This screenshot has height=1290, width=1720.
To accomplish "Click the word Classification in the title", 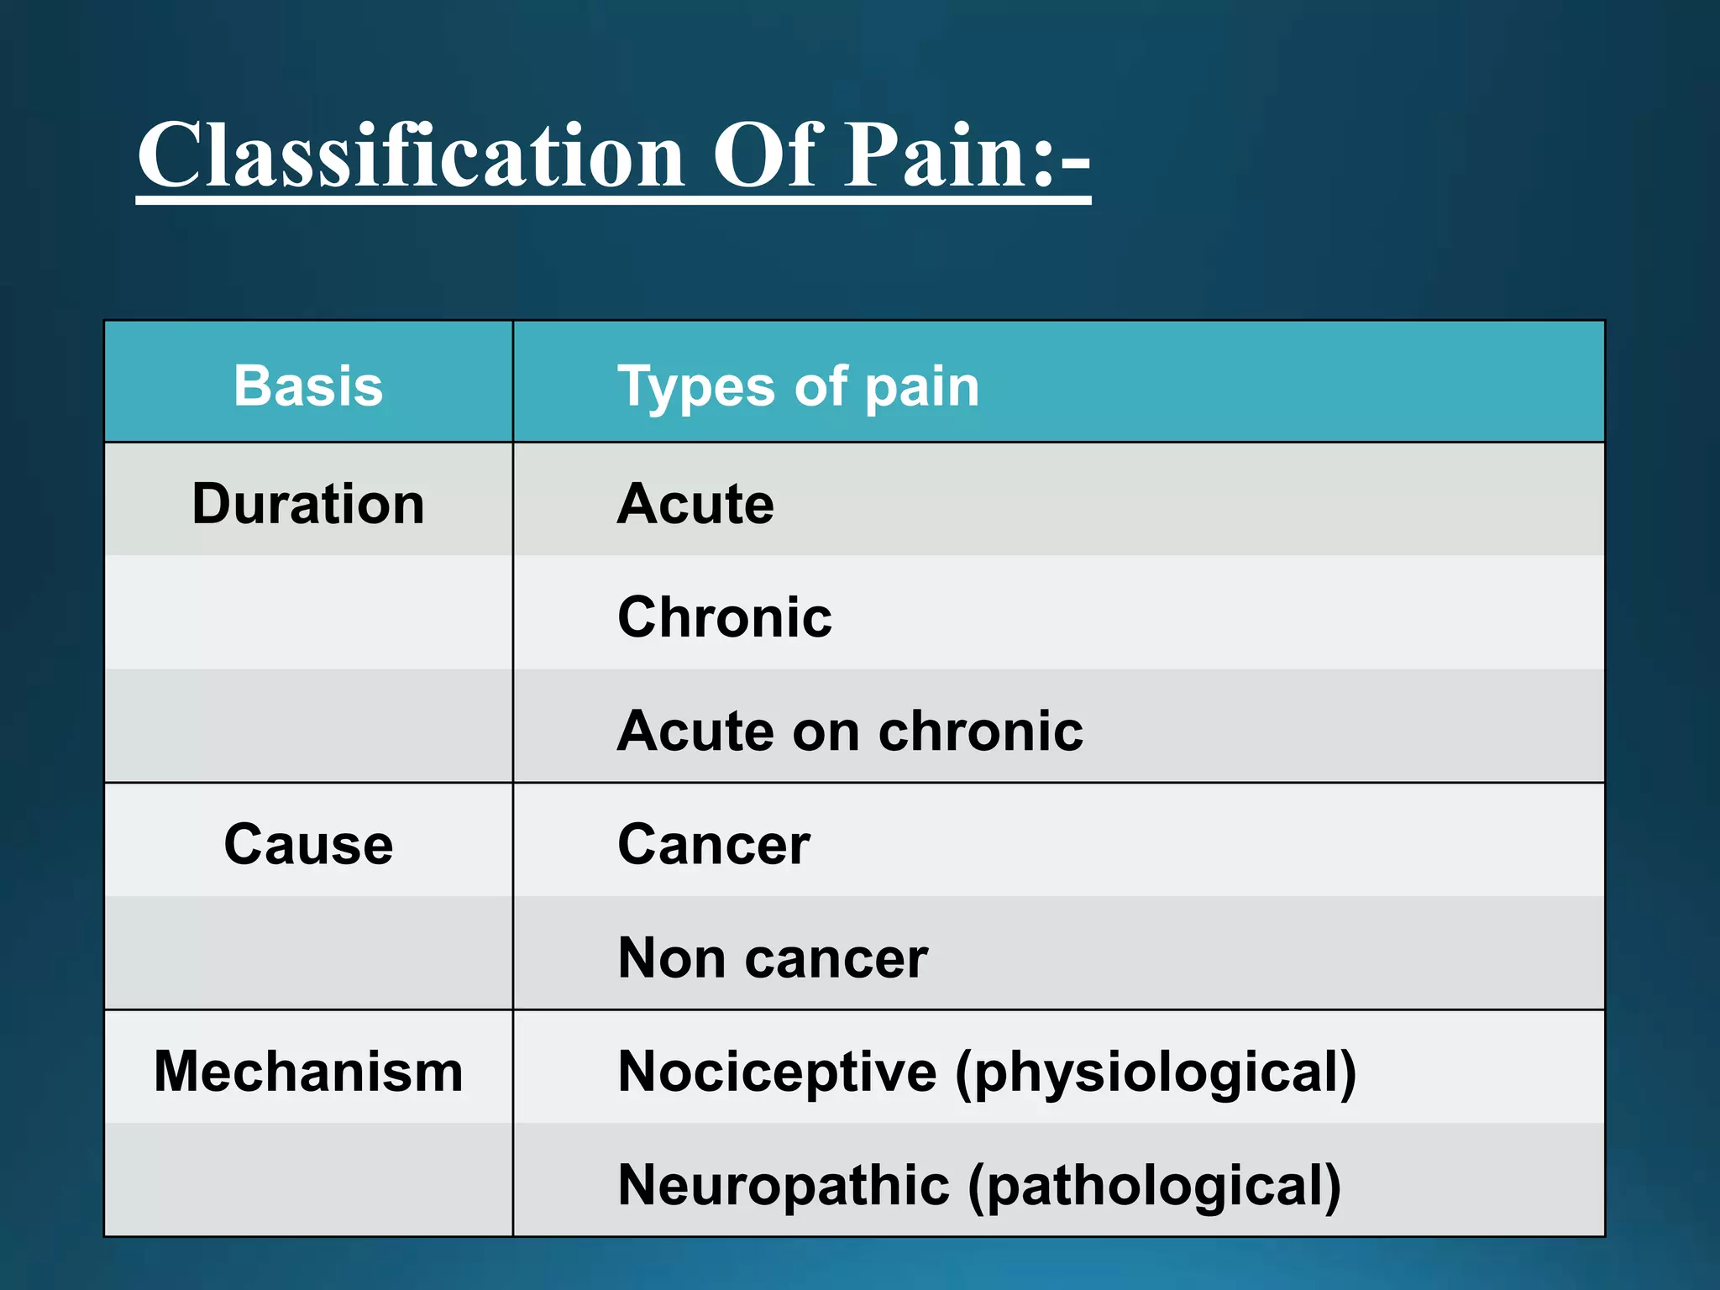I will tap(412, 155).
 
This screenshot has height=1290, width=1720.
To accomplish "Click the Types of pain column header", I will tap(798, 386).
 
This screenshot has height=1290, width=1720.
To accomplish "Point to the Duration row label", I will tap(308, 504).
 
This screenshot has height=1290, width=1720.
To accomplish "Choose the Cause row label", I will tap(308, 844).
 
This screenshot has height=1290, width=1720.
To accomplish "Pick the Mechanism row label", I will tap(308, 1072).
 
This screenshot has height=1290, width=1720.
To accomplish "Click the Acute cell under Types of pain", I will tap(695, 504).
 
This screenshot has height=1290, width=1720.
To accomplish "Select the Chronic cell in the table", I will tap(725, 617).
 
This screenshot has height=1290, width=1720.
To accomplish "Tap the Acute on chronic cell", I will tap(850, 731).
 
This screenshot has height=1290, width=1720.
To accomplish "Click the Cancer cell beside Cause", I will tap(714, 844).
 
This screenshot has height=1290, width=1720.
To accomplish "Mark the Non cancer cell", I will tap(773, 958).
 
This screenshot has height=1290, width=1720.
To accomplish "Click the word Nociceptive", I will tap(777, 1072).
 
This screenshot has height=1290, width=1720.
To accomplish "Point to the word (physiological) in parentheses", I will tap(1156, 1073).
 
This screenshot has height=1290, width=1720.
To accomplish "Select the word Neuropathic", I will tap(784, 1185).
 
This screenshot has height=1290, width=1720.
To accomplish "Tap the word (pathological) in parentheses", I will tap(1155, 1187).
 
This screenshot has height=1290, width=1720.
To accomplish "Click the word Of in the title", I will tap(764, 155).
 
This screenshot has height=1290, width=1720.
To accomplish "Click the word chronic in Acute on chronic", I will tap(981, 731).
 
